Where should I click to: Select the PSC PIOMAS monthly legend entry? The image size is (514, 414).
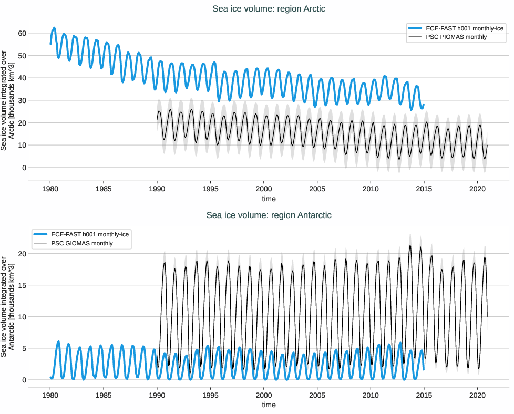[x=456, y=37]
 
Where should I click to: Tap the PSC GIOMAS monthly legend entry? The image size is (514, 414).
[x=81, y=243]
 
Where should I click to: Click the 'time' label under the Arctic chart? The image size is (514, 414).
[x=269, y=199]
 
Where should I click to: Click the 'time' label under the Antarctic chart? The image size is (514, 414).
[x=269, y=405]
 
